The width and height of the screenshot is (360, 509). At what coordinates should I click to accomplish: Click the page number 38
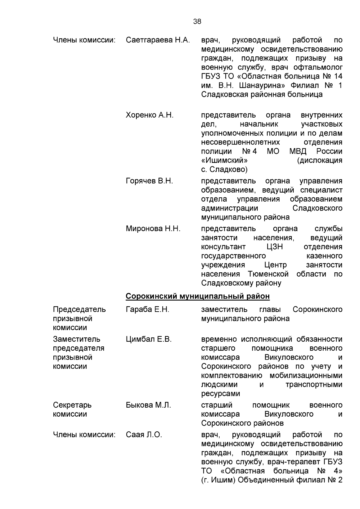197,21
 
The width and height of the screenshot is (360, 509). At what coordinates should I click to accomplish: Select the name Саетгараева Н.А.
158,40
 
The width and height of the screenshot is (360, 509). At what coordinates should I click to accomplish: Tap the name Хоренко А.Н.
150,115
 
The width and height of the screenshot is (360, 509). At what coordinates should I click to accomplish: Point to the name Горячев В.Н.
149,181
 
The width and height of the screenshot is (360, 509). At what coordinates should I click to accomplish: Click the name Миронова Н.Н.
153,229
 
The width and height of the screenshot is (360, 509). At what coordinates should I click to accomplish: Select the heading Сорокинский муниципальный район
197,296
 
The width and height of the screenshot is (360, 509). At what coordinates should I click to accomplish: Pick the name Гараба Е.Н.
148,310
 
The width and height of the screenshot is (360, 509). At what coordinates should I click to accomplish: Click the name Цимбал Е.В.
148,340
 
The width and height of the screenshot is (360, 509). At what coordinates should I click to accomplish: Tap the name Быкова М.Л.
148,406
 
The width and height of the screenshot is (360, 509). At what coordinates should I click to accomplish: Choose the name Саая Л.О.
144,435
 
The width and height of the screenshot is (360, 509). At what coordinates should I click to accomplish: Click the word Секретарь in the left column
72,406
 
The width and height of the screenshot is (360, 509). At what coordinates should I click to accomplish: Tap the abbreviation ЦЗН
274,247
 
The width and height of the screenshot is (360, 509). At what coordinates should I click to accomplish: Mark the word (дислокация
319,160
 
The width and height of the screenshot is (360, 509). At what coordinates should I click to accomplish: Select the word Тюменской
268,274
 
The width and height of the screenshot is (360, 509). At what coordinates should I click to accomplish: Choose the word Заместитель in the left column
76,340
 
